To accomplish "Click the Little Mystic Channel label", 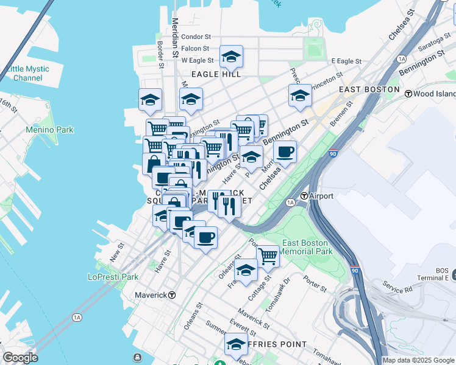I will click(27, 74).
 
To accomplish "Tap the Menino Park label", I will click(49, 130).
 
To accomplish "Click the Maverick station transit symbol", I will click(173, 295).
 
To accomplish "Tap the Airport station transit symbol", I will click(304, 196).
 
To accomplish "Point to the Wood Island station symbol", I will click(407, 94).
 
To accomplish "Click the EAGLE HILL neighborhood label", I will click(216, 74).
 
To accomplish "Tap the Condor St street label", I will click(196, 37).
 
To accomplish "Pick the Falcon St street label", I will click(195, 49).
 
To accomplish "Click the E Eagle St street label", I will click(346, 61).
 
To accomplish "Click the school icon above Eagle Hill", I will click(231, 57).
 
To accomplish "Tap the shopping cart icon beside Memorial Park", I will click(268, 255).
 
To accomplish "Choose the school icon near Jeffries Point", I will click(235, 344).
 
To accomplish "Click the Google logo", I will click(20, 358).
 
